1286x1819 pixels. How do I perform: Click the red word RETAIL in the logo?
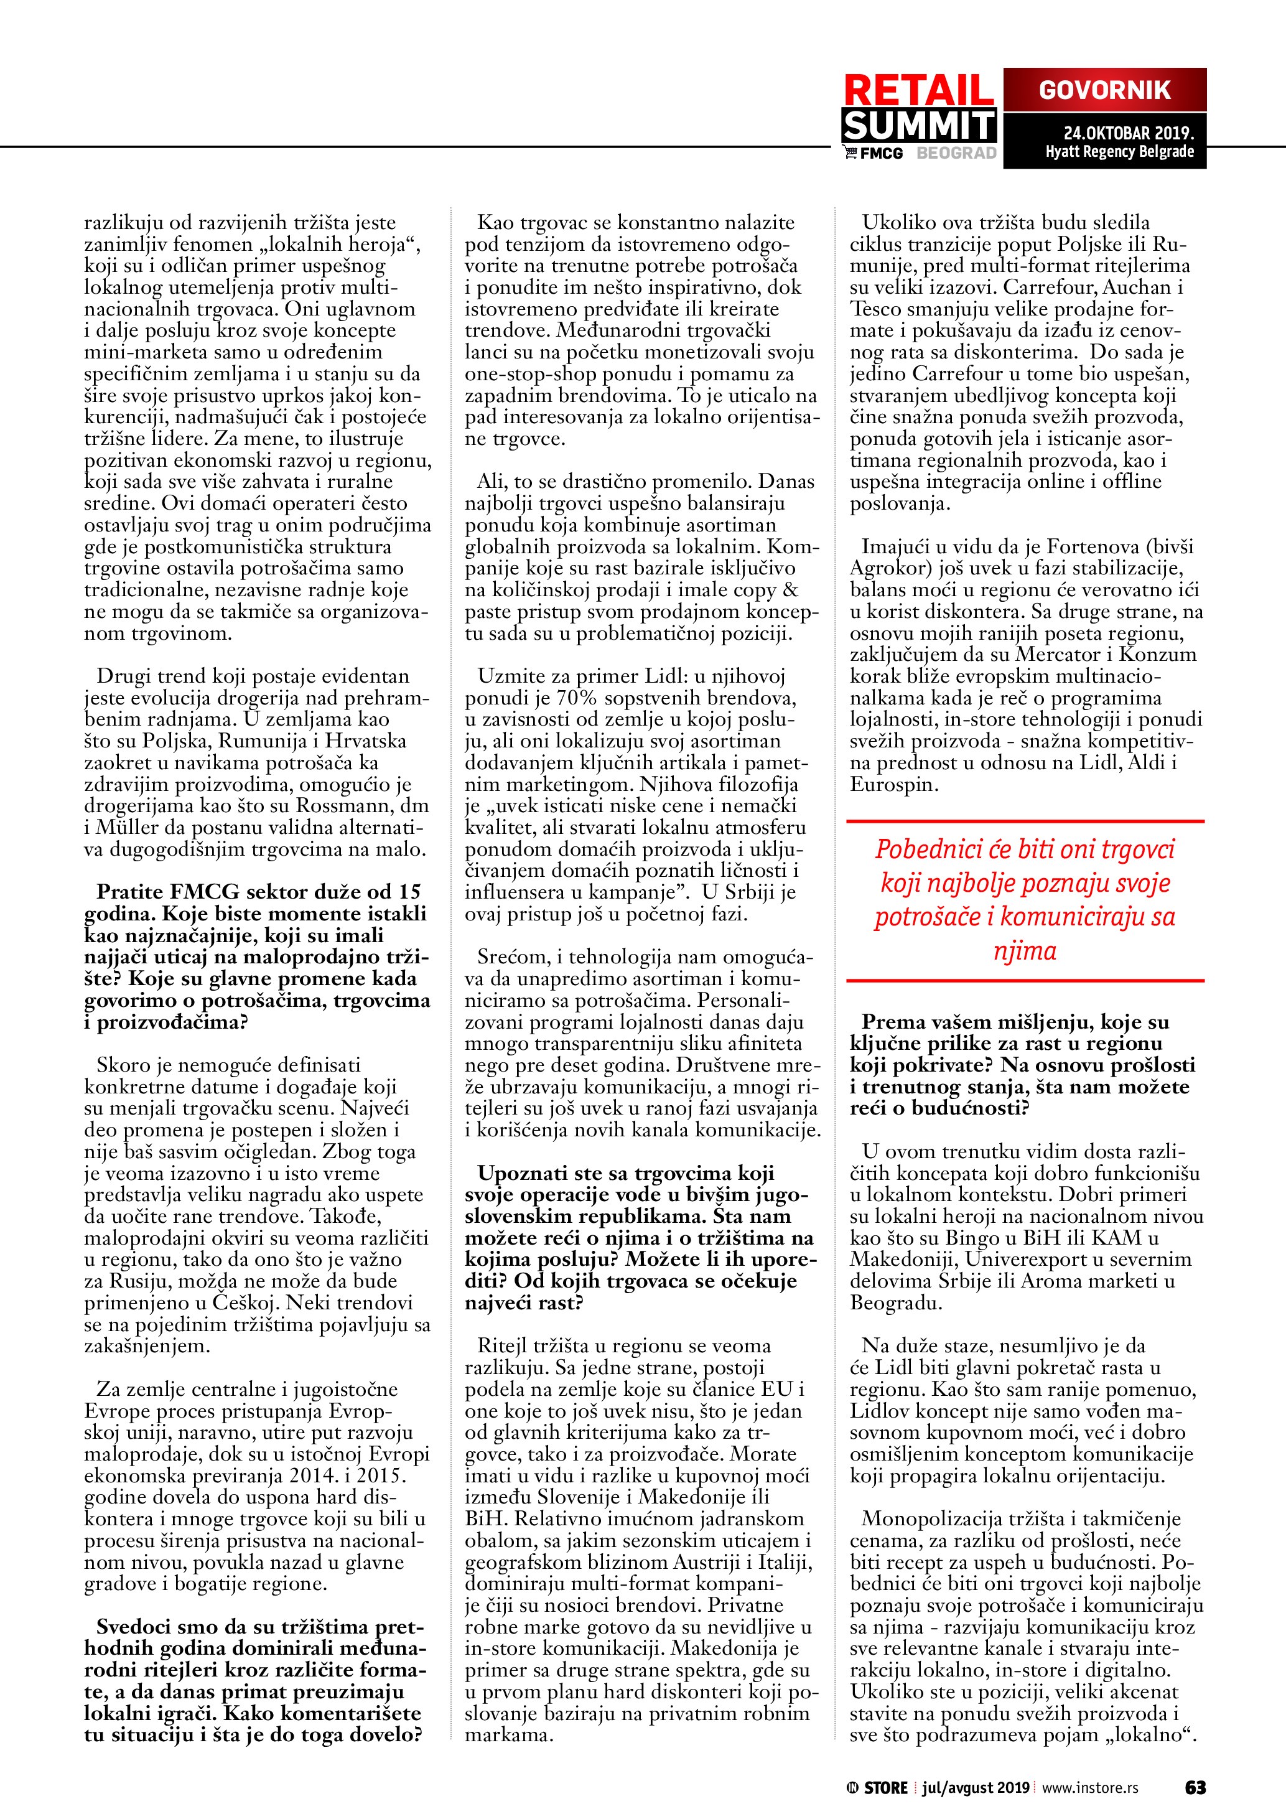[x=918, y=90]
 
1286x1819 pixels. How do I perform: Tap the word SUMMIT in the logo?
[x=918, y=125]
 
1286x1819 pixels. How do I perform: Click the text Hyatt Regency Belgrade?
[x=1119, y=151]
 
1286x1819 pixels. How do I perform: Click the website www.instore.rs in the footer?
[x=1091, y=1787]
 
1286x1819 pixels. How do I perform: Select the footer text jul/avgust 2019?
[x=975, y=1787]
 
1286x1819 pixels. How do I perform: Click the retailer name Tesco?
[x=874, y=309]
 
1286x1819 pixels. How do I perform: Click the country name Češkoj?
[x=246, y=1302]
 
